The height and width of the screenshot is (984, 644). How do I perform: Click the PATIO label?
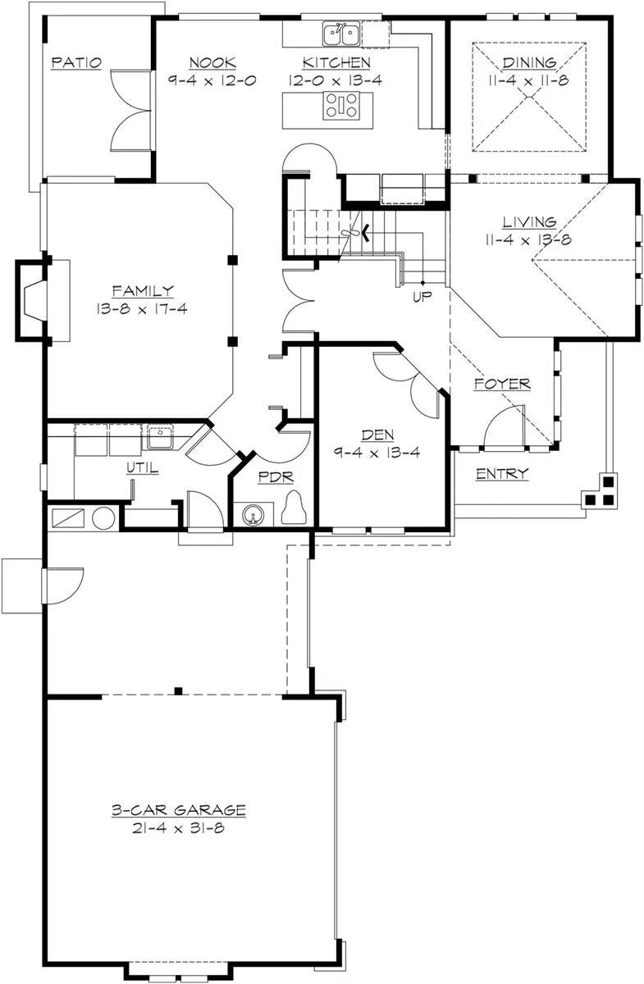[x=76, y=62]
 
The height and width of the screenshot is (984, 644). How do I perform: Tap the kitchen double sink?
[x=341, y=34]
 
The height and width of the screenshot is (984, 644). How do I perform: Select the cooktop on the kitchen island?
[x=341, y=106]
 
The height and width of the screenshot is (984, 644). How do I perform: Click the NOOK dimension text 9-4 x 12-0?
[x=212, y=80]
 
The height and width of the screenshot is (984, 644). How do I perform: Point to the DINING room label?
[x=529, y=62]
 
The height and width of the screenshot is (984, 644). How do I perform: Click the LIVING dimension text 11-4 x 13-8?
[x=528, y=239]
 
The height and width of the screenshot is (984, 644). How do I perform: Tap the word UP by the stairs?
[x=422, y=297]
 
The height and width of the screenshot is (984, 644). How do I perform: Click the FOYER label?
[x=502, y=384]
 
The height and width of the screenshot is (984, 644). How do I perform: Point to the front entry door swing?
[x=505, y=426]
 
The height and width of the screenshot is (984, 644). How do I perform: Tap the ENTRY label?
[x=502, y=474]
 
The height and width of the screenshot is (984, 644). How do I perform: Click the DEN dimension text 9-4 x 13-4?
[x=377, y=452]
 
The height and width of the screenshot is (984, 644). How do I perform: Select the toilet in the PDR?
[x=293, y=508]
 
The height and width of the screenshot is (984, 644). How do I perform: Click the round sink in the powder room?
[x=253, y=514]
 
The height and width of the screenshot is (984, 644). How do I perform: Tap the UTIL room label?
[x=143, y=468]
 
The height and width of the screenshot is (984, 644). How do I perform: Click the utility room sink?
[x=160, y=435]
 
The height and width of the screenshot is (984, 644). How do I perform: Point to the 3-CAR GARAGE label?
[x=179, y=809]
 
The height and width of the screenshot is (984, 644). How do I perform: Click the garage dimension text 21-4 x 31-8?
[x=179, y=828]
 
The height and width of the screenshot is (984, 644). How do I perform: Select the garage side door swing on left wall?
[x=62, y=586]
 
